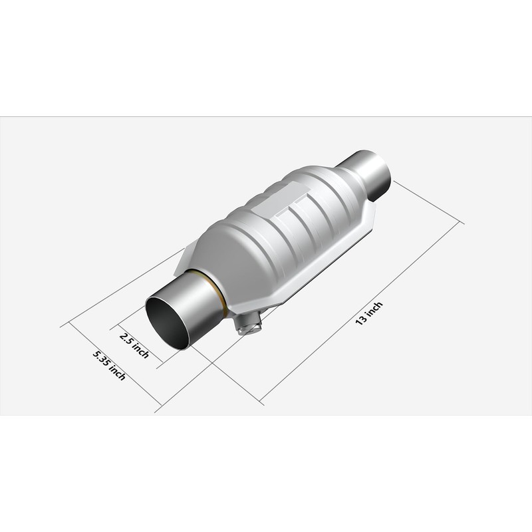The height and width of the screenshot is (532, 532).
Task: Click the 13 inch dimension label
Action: point(369,313)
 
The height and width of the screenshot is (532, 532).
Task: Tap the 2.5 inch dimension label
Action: point(134,345)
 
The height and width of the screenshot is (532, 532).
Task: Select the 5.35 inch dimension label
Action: point(109,365)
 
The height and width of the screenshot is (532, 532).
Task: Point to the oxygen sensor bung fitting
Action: point(249,325)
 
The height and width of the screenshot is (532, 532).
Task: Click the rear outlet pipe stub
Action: point(366,174)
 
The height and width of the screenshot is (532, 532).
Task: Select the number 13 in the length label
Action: point(361,320)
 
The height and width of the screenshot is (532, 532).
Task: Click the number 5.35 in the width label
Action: point(102,358)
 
